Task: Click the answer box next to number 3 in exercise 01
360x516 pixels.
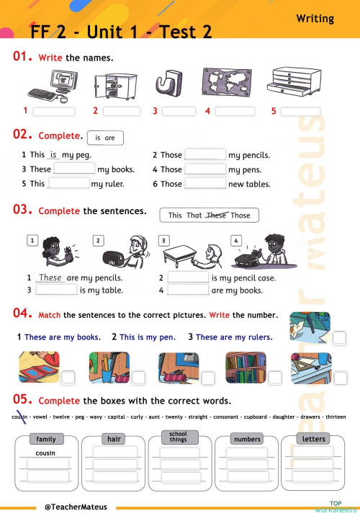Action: [179, 111]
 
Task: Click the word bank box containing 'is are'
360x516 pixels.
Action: [105, 138]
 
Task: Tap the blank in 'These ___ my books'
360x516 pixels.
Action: [74, 169]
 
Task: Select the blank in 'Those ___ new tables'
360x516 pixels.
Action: [205, 183]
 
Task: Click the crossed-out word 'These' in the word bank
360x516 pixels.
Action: [216, 215]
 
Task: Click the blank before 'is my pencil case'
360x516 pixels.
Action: [188, 277]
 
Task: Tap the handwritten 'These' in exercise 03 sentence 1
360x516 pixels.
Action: [50, 277]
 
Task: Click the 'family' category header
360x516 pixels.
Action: [45, 439]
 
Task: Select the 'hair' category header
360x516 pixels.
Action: [114, 439]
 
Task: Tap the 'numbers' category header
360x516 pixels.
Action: [247, 439]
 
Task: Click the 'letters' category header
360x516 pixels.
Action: [314, 439]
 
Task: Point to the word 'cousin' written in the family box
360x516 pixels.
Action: [45, 453]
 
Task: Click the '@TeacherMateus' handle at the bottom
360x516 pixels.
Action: [76, 507]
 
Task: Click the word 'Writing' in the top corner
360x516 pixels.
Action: [315, 19]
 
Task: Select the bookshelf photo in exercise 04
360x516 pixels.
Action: [246, 367]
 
